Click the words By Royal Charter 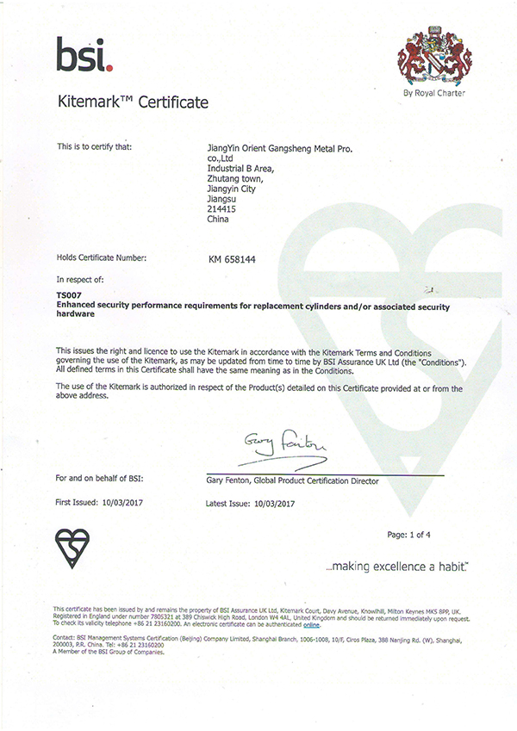tap(434, 93)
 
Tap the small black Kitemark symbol tap(72, 548)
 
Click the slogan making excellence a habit tap(398, 568)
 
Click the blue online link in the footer tap(311, 625)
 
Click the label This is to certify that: tap(94, 147)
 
